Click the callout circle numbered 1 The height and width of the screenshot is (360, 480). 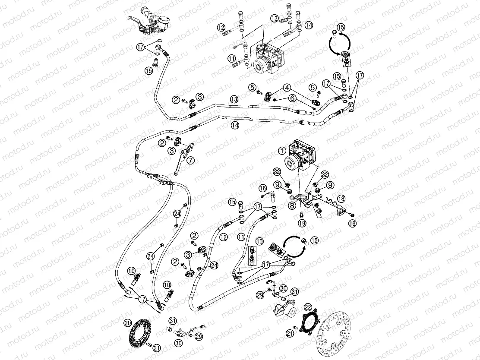pyautogui.click(x=281, y=151)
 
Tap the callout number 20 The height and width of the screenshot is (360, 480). pyautogui.click(x=127, y=322)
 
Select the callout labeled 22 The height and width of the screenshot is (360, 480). pyautogui.click(x=307, y=307)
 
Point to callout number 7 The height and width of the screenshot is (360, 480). pyautogui.click(x=191, y=160)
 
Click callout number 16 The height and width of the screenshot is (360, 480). pyautogui.click(x=262, y=188)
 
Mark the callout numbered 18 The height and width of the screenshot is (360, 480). pyautogui.click(x=341, y=199)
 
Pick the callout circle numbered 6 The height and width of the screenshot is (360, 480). pyautogui.click(x=292, y=98)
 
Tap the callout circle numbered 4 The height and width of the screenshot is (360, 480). pyautogui.click(x=287, y=87)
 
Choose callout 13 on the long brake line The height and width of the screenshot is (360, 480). pyautogui.click(x=234, y=99)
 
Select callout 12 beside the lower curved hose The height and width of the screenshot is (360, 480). pyautogui.click(x=223, y=237)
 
